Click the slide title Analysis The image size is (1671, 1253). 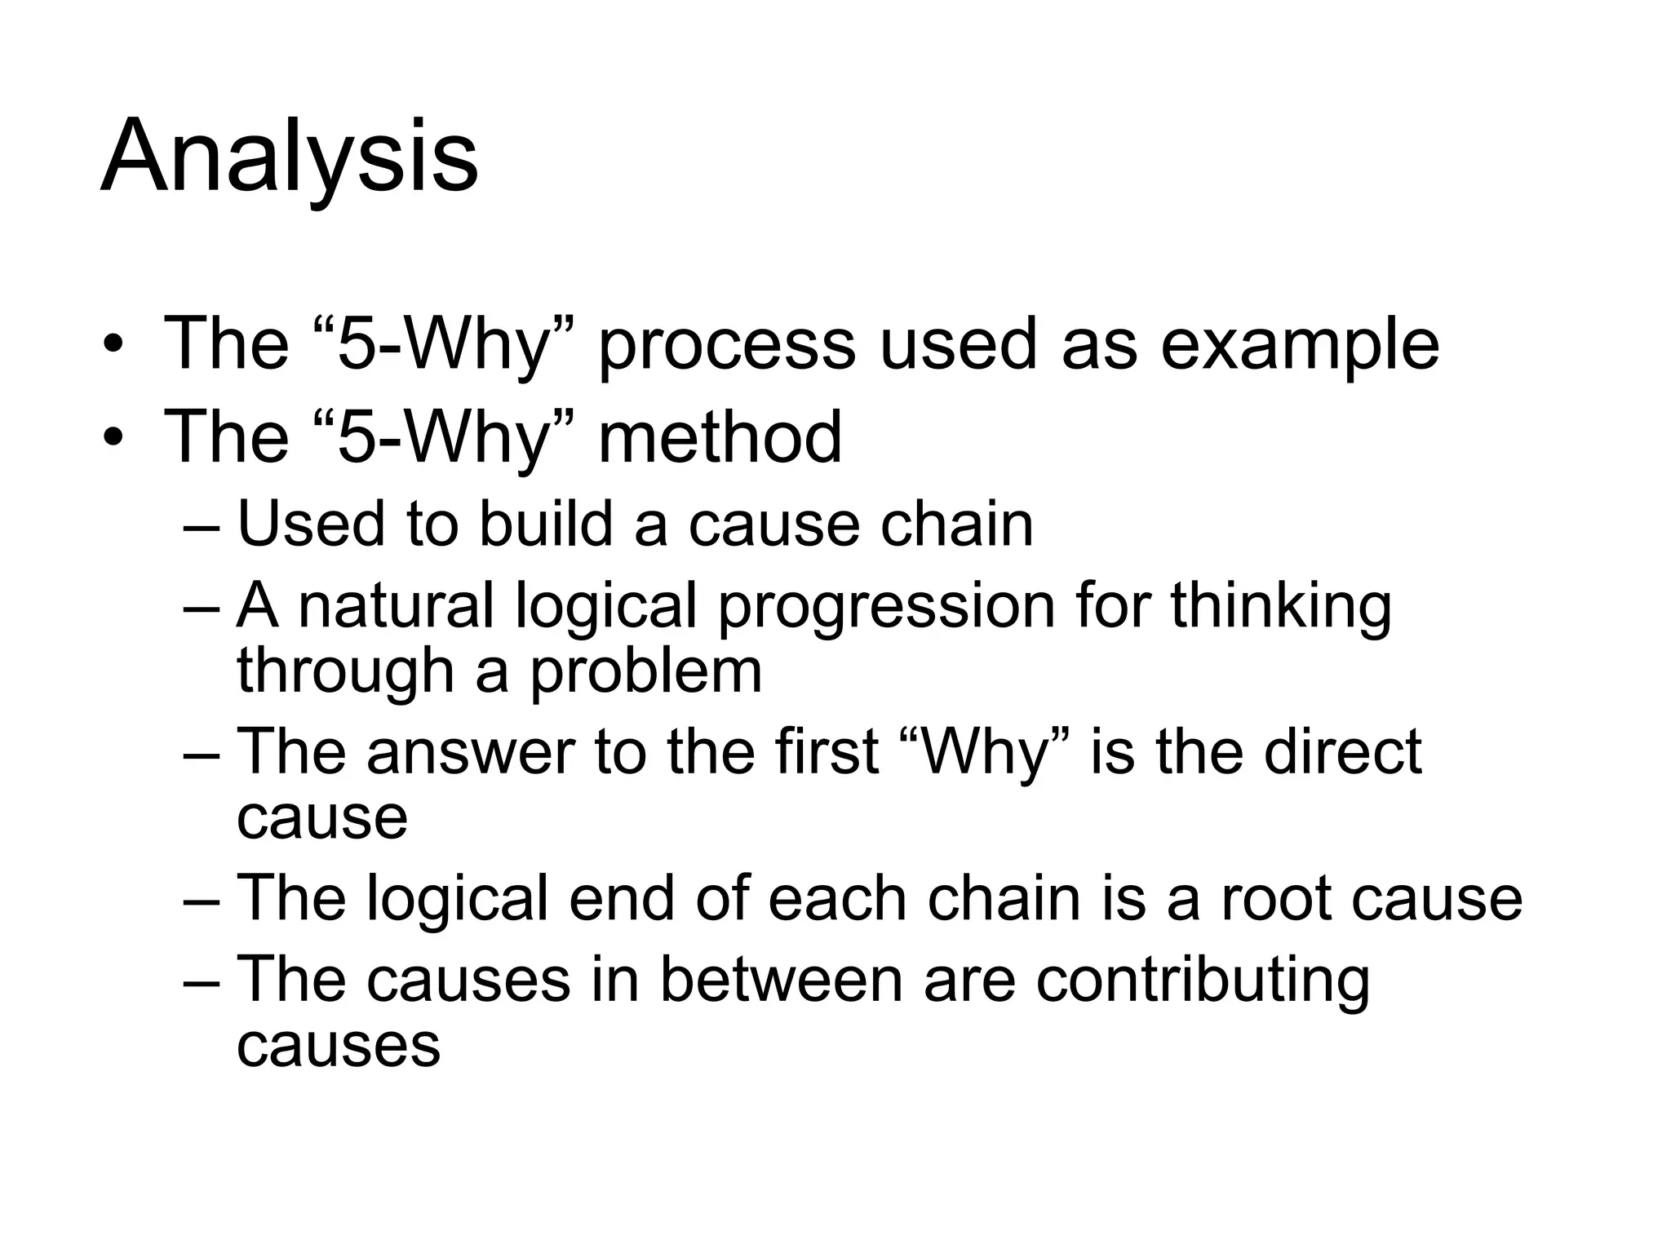click(290, 157)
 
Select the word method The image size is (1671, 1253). click(720, 437)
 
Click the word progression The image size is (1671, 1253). click(886, 608)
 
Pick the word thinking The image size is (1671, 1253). click(1281, 608)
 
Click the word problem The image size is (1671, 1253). click(646, 672)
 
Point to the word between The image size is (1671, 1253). click(781, 979)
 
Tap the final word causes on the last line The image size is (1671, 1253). click(339, 1045)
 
